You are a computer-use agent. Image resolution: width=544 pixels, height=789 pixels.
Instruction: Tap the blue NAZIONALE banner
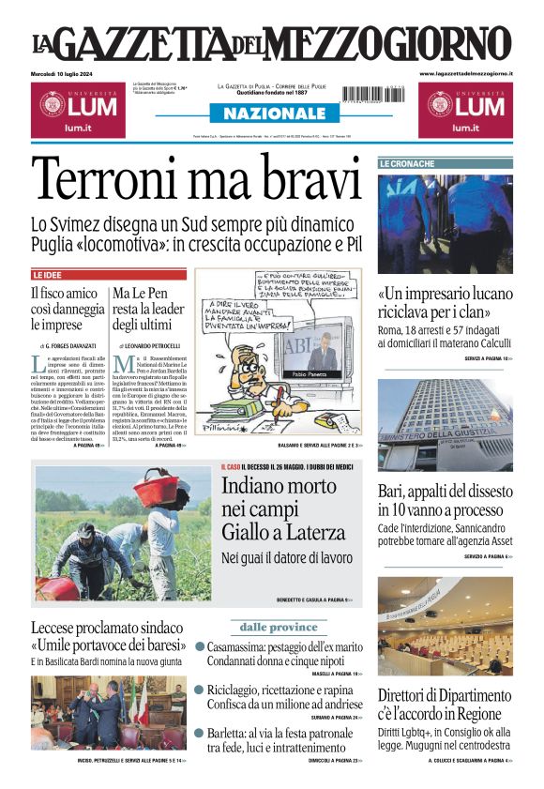point(272,114)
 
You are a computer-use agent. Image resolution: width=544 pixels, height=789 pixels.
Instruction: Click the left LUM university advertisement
point(74,108)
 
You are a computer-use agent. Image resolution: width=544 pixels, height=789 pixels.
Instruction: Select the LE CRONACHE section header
point(407,164)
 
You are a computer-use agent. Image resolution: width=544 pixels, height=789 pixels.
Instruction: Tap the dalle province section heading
point(279,626)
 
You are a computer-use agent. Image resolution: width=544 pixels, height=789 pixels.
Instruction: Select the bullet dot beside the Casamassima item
point(200,646)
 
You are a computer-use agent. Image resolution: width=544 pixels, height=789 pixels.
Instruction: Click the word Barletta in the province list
point(232,733)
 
